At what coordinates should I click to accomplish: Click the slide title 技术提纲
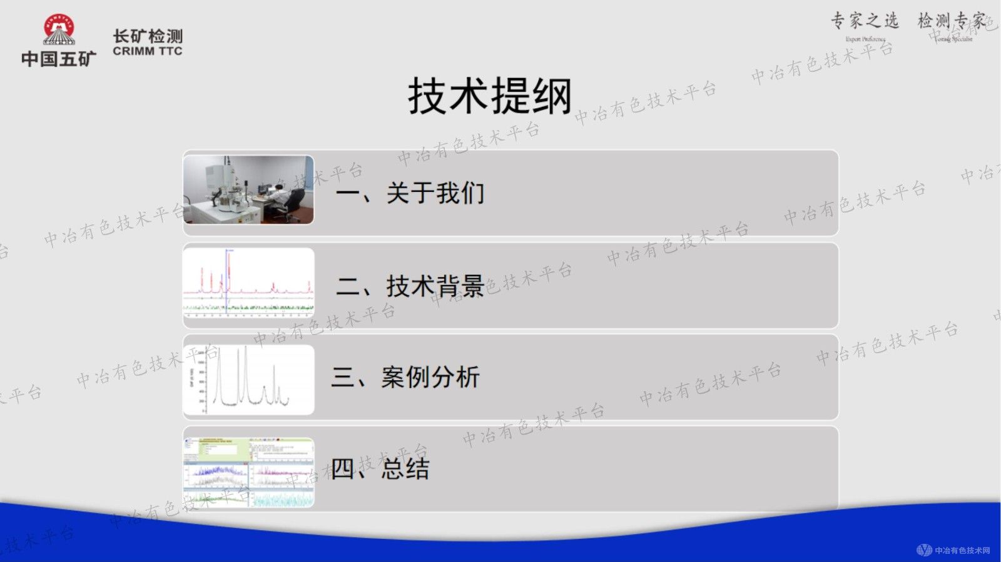(490, 97)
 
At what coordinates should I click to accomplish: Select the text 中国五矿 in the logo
(59, 59)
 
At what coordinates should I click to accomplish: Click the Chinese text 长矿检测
(148, 36)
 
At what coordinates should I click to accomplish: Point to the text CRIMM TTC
(148, 51)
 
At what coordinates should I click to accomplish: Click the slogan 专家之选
(865, 21)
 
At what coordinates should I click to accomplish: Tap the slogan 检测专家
(951, 21)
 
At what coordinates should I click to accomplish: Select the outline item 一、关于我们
(410, 193)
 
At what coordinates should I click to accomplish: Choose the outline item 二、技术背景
(410, 286)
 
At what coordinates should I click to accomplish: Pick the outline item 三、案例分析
(405, 377)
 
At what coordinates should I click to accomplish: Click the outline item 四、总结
(380, 469)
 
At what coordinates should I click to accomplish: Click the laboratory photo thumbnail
(248, 190)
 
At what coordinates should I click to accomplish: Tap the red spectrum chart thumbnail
(248, 283)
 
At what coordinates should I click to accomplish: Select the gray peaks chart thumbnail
(248, 379)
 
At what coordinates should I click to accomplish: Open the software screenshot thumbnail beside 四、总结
(248, 473)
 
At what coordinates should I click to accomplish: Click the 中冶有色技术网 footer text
(962, 551)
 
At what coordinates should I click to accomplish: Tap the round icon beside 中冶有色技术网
(924, 550)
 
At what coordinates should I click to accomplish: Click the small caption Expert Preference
(865, 39)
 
